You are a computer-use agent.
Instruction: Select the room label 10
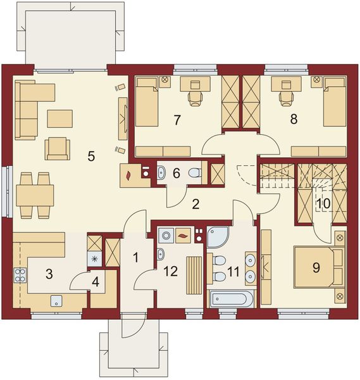(323, 203)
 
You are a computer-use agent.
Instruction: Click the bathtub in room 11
(231, 297)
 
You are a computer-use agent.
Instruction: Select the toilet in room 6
(194, 172)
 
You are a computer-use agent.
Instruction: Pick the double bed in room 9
(318, 269)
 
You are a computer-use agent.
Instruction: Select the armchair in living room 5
(57, 148)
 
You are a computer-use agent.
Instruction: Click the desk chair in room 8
(283, 97)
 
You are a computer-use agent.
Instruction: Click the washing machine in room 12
(166, 236)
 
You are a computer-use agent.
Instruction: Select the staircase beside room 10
(277, 175)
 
